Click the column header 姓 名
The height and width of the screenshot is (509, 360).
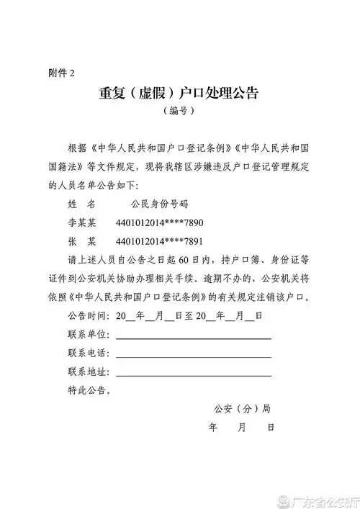(81, 204)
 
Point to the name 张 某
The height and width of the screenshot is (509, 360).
(81, 241)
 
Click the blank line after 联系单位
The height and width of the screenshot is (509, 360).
(193, 337)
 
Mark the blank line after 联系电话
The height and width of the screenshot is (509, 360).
(193, 356)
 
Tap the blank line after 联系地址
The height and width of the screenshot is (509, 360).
(193, 374)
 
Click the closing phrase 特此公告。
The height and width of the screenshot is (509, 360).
(89, 390)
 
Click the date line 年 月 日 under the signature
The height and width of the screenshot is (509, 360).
(241, 428)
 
